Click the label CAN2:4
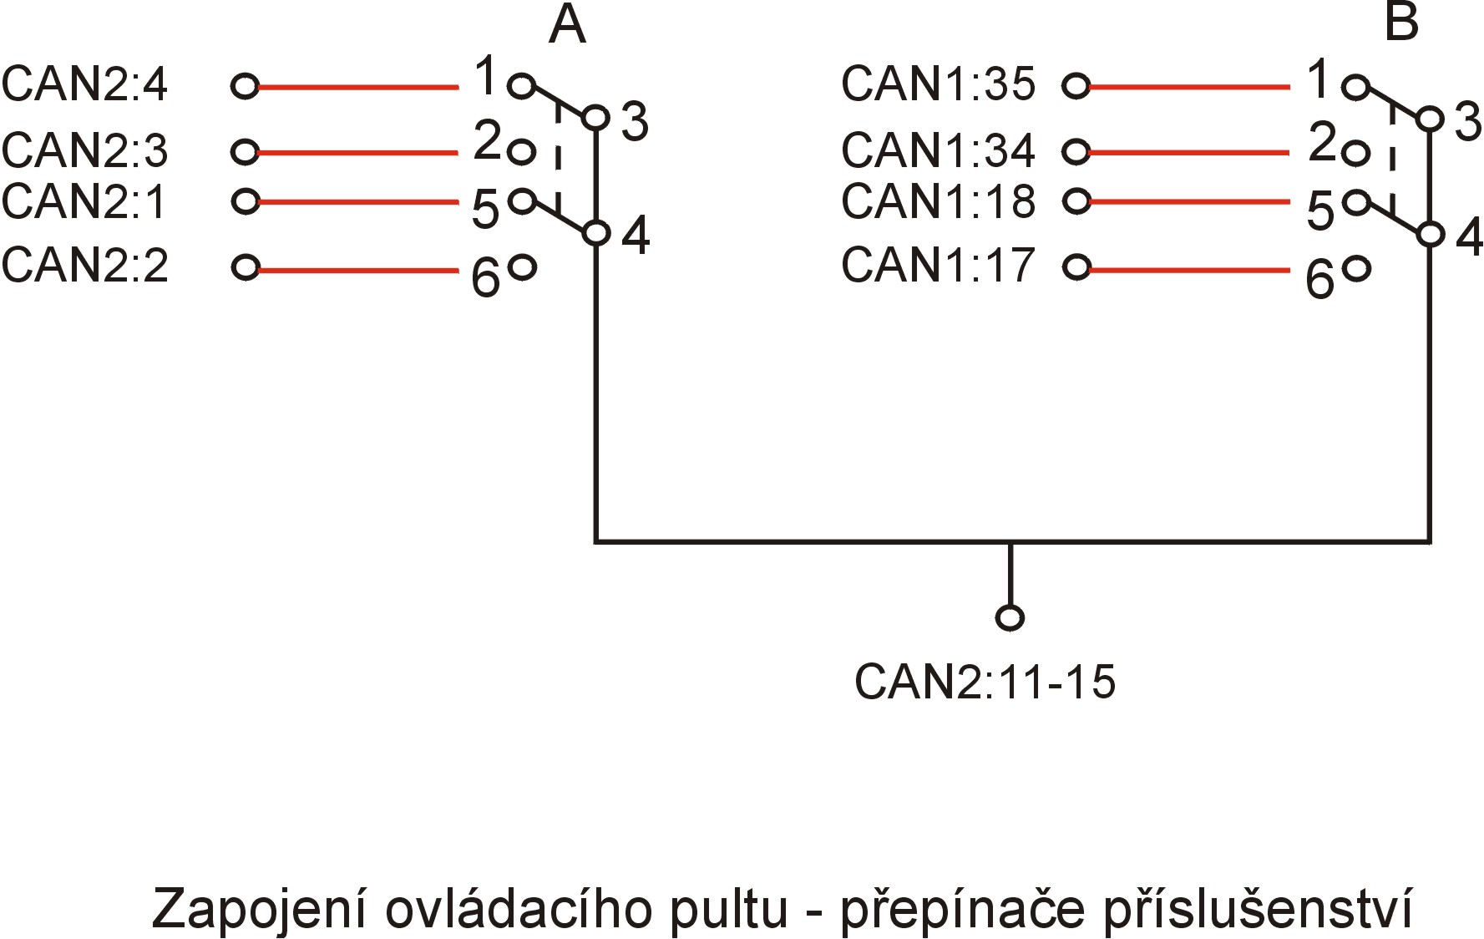[85, 85]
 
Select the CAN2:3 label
[85, 150]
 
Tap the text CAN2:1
[85, 201]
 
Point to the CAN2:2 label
[85, 266]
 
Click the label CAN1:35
[939, 84]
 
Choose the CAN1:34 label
[939, 150]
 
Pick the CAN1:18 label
[939, 201]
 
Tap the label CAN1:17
[939, 265]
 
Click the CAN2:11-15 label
[985, 682]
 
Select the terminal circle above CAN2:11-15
[1010, 617]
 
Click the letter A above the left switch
[568, 25]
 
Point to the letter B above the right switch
[1401, 23]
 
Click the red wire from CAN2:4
[358, 86]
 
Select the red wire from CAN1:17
[1189, 269]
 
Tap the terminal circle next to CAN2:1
[245, 201]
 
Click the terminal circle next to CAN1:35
[1076, 85]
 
